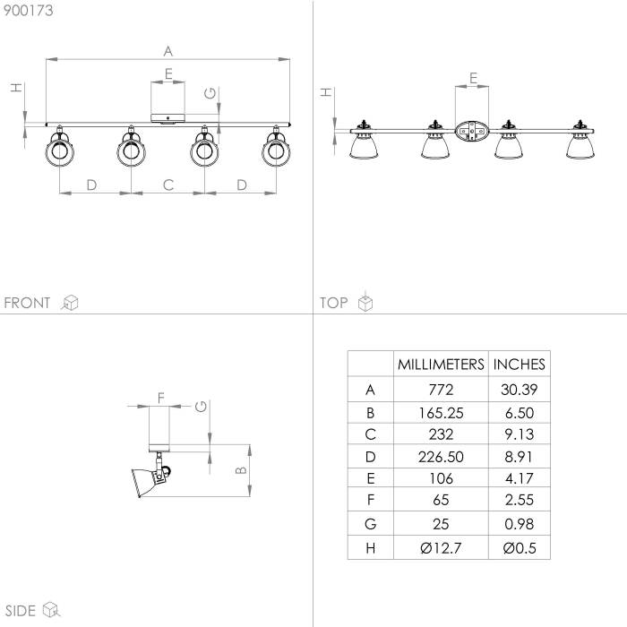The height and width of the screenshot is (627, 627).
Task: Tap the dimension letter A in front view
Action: [x=167, y=50]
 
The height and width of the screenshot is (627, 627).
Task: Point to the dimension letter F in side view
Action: [x=160, y=396]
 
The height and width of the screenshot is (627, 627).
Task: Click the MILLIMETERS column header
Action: [x=441, y=365]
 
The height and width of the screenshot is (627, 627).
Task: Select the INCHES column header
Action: [x=520, y=365]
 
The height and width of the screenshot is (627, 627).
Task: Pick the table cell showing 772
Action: [x=441, y=390]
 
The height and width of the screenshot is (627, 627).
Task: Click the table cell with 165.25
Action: [x=441, y=413]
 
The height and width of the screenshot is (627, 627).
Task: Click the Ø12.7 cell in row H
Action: [x=441, y=548]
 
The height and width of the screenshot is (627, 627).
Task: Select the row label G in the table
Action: [x=371, y=524]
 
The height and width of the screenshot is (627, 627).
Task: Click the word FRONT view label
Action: [x=28, y=303]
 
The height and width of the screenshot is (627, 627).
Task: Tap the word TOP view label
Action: [x=333, y=303]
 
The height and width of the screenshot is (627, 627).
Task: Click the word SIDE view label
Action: [x=20, y=611]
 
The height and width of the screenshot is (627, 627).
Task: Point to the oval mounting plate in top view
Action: [x=472, y=132]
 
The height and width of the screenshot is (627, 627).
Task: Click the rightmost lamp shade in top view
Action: [x=580, y=146]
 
